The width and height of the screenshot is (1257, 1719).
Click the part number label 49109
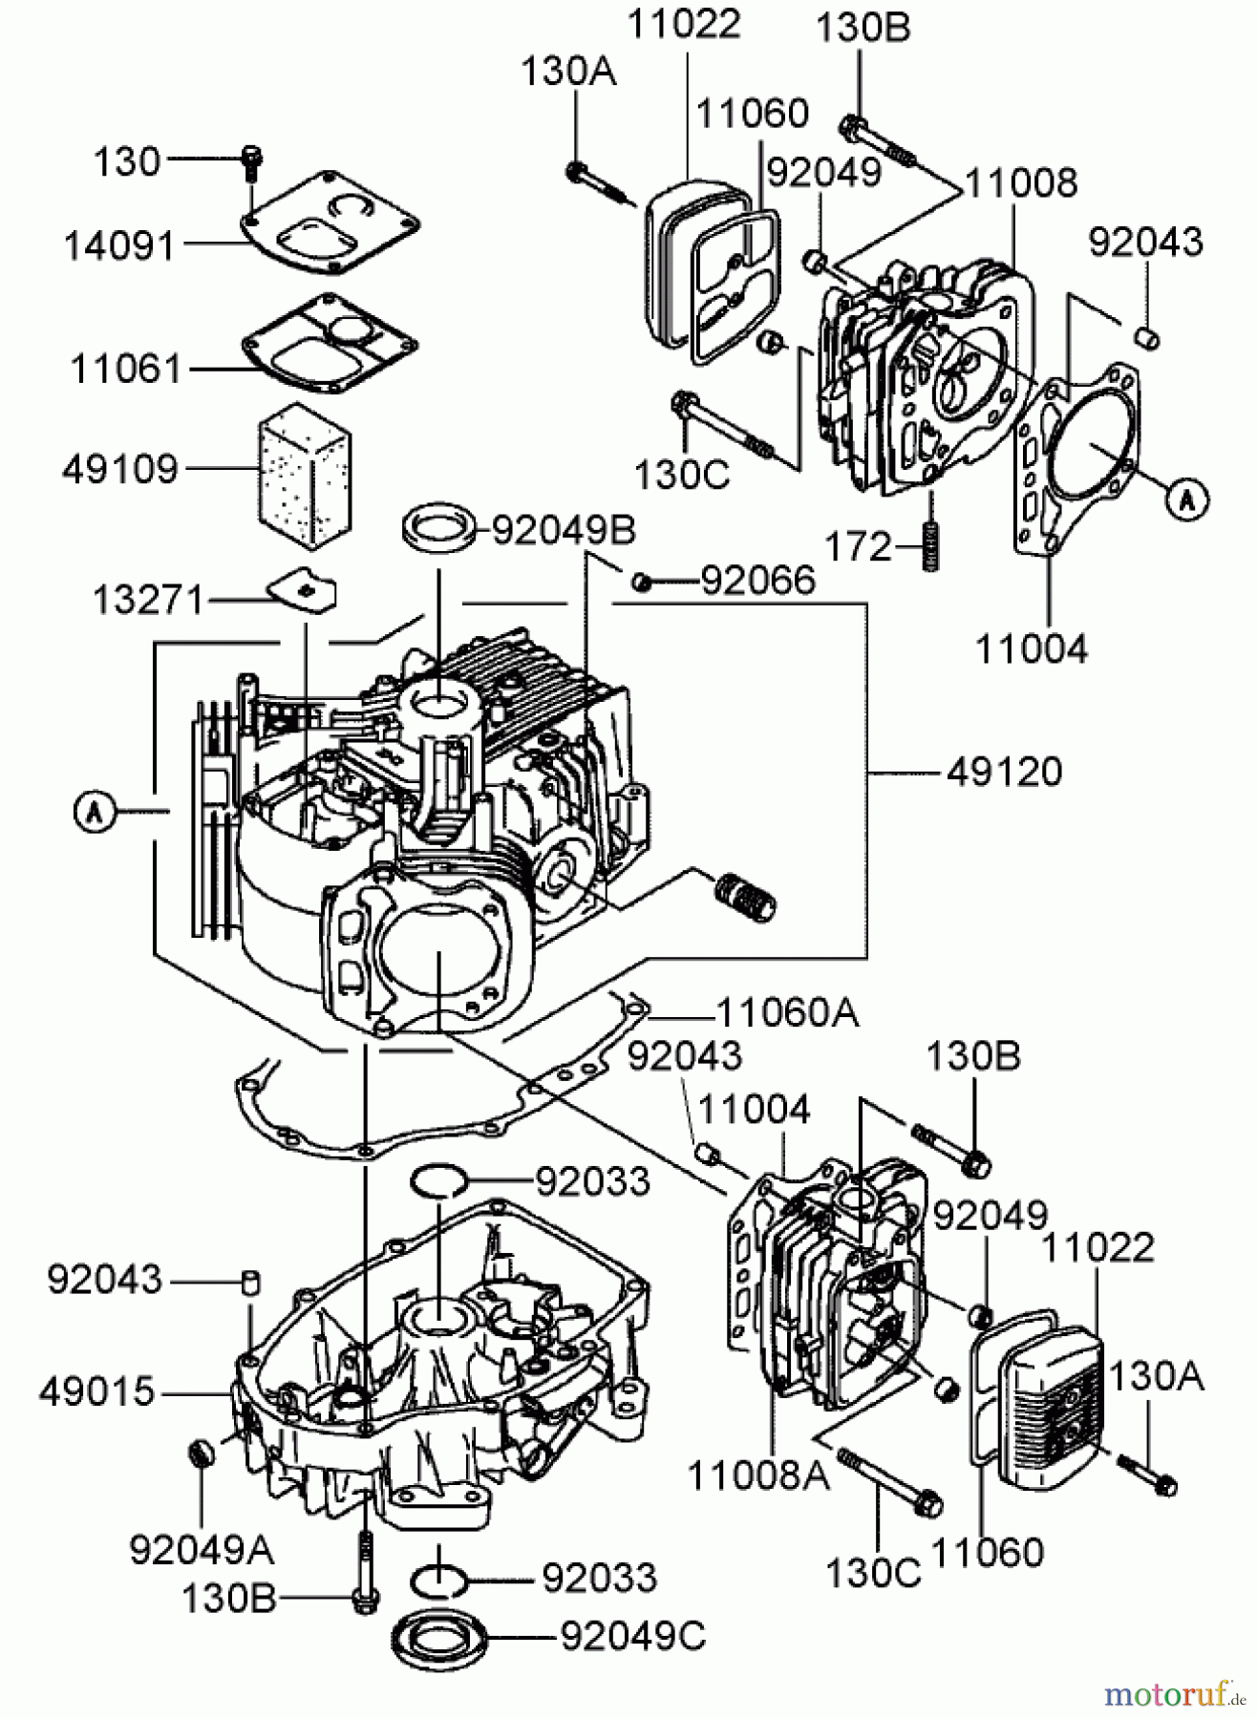(x=120, y=469)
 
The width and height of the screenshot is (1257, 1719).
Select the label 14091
(x=120, y=246)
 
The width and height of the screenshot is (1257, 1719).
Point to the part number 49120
(x=1005, y=772)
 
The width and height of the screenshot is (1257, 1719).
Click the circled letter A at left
(x=94, y=812)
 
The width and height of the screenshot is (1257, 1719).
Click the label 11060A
(x=787, y=1012)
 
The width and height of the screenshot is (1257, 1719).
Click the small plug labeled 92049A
(x=200, y=1454)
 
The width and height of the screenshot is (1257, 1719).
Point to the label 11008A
(x=758, y=1475)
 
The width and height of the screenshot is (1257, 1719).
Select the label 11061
(x=125, y=369)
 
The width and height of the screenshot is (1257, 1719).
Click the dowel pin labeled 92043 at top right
(x=1147, y=336)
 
